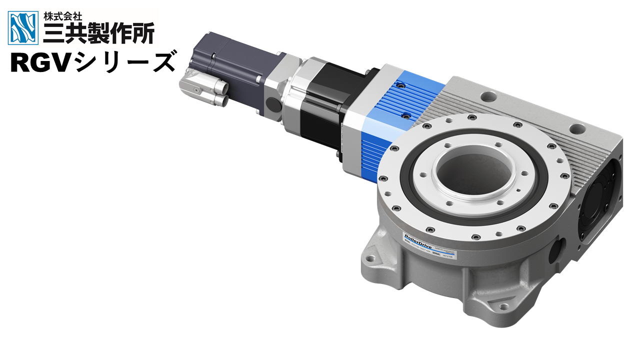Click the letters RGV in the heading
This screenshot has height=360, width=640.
38,63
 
